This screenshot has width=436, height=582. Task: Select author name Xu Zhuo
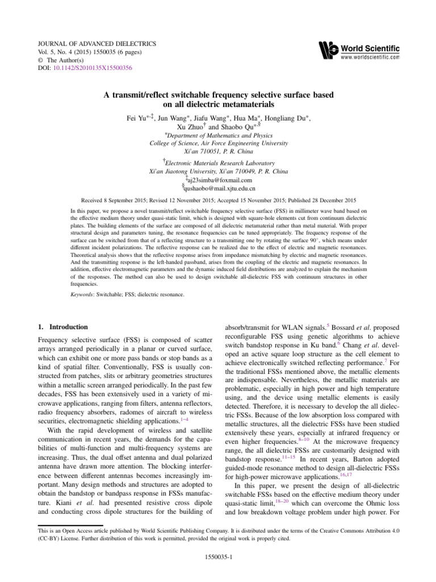192,128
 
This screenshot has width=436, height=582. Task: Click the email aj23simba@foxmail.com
219,180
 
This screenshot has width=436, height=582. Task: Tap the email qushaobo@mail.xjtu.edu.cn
220,188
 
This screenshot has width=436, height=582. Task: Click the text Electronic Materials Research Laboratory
220,163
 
